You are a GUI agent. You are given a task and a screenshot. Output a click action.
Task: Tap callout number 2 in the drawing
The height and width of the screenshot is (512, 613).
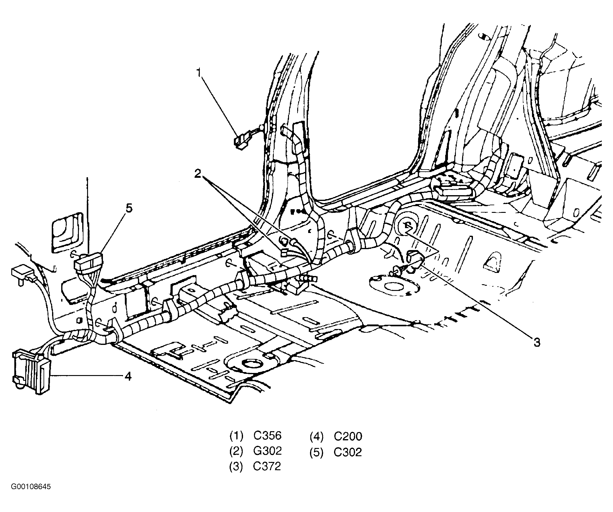click(198, 174)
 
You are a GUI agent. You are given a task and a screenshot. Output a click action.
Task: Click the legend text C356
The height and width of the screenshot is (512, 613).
click(267, 436)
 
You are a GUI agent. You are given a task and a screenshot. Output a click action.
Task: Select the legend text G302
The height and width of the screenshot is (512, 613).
click(267, 451)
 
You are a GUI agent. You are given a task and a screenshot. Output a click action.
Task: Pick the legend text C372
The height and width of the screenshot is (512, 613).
click(267, 467)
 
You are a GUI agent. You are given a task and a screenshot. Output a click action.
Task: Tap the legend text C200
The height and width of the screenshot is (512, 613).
click(348, 436)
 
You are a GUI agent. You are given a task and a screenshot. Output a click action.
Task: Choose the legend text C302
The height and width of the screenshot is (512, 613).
click(348, 452)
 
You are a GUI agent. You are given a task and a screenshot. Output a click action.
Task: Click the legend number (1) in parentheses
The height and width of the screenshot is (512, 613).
click(236, 436)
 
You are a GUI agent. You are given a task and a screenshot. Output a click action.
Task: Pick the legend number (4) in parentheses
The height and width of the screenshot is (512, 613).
click(317, 437)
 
